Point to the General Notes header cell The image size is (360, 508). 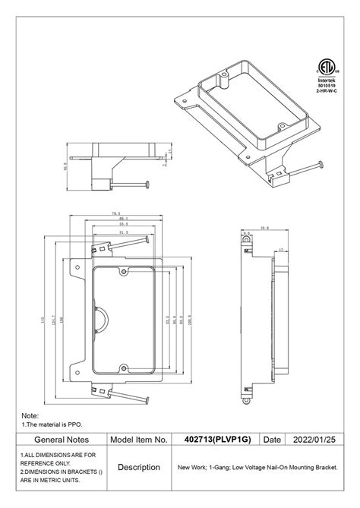point(62,439)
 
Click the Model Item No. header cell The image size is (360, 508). point(139,439)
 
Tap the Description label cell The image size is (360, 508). point(139,467)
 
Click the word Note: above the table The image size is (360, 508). point(30,416)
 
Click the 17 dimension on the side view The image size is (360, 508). point(281,250)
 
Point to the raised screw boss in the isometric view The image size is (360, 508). point(227,77)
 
